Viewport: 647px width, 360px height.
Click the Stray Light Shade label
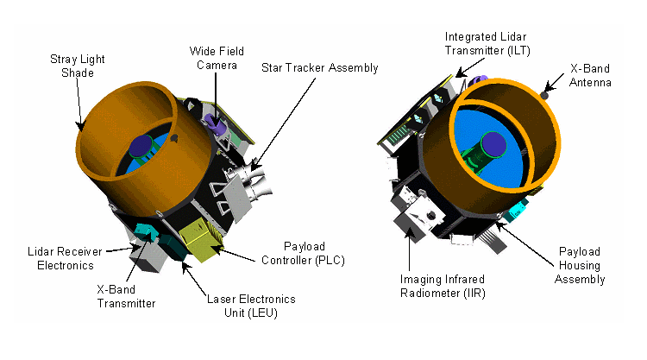[x=77, y=66]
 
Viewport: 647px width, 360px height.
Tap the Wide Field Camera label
[x=217, y=58]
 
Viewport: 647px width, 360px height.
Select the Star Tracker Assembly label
[x=320, y=67]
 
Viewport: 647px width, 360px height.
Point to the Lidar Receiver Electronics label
[x=66, y=258]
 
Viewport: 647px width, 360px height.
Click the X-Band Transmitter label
[x=126, y=296]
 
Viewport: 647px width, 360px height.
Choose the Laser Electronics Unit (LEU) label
[x=251, y=306]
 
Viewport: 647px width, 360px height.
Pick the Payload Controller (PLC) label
[x=304, y=254]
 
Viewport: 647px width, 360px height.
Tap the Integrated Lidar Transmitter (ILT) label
[x=487, y=44]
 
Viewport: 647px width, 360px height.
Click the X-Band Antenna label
[x=590, y=76]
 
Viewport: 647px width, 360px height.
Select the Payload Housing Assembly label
[x=580, y=265]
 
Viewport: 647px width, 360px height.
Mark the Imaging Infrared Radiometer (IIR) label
[x=443, y=286]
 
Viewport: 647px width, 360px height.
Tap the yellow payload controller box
[x=199, y=239]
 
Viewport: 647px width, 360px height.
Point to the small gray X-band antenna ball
[x=544, y=96]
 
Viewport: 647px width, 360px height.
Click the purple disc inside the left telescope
[x=141, y=146]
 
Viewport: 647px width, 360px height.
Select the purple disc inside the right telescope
[x=494, y=144]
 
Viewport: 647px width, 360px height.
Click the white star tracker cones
[x=254, y=181]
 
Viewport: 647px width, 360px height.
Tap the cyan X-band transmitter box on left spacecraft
[x=145, y=233]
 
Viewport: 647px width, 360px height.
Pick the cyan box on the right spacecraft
[x=516, y=209]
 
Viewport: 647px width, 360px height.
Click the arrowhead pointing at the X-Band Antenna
[x=548, y=88]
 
